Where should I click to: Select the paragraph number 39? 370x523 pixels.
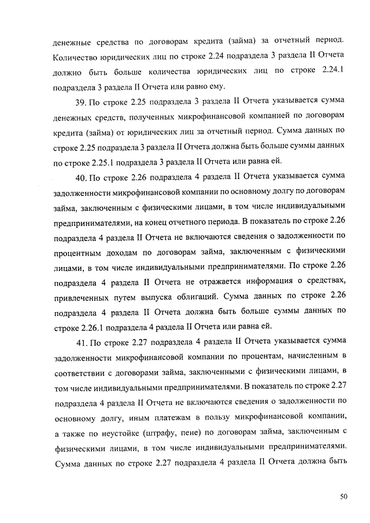[81, 103]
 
